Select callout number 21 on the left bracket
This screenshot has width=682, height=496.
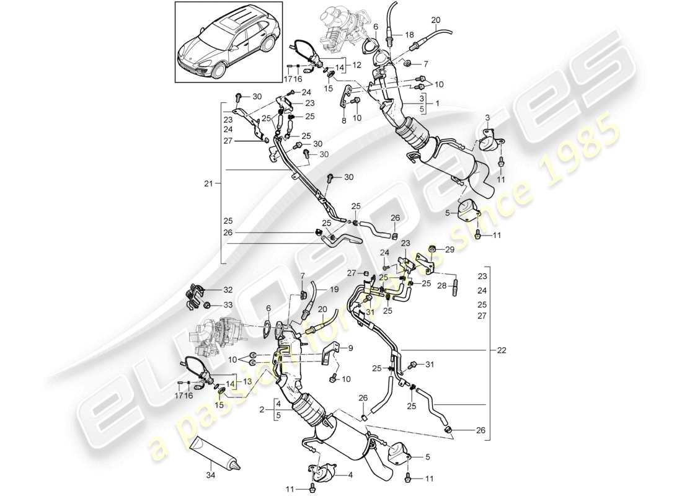[x=209, y=184]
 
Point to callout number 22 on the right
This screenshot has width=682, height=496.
[x=500, y=350]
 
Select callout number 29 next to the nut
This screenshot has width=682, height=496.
[x=450, y=249]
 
